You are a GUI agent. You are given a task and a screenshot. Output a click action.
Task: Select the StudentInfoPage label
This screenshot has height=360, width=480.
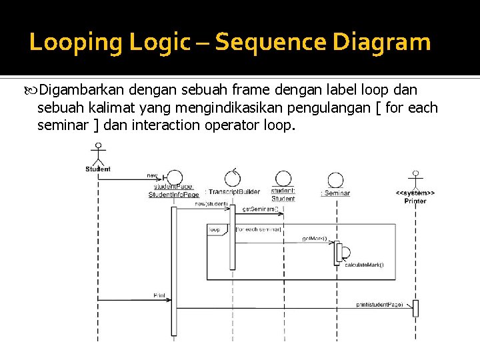(173, 195)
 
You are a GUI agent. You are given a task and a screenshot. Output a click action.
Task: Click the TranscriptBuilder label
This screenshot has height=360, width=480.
(234, 192)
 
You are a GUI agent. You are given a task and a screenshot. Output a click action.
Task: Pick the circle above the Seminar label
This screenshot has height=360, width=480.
(336, 179)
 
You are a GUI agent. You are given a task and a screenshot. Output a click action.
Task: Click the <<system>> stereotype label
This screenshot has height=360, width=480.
(415, 193)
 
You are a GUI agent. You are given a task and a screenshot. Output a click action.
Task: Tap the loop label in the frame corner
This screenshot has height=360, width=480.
(215, 230)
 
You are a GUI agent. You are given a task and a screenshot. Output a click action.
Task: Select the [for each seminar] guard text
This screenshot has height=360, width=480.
(259, 230)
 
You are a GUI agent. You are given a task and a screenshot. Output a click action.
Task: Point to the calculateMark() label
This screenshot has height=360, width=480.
(364, 265)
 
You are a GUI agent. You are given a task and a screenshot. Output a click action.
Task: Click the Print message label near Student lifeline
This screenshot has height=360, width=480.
(159, 295)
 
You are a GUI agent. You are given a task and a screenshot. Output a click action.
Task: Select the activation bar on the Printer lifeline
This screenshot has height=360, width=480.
(415, 308)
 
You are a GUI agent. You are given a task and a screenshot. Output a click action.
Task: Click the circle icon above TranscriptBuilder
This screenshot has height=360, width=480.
(233, 177)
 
